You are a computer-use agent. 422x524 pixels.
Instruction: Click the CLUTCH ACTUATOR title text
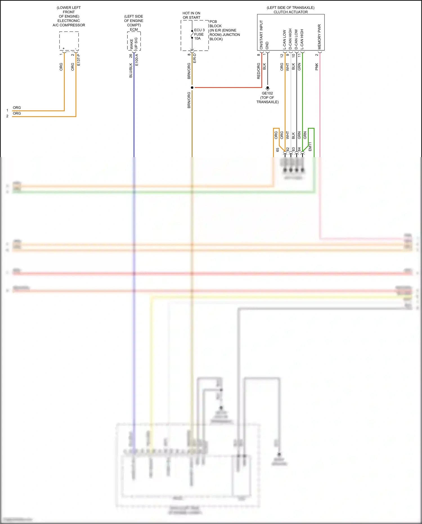[x=291, y=12]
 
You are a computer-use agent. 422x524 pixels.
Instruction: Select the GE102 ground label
[x=267, y=93]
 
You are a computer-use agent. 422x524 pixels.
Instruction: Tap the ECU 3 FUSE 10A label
[x=199, y=34]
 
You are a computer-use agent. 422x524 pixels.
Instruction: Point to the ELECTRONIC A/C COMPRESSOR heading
[x=69, y=23]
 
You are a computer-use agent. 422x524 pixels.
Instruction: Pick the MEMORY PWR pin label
[x=319, y=37]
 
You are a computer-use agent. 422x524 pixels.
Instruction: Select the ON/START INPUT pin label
[x=261, y=35]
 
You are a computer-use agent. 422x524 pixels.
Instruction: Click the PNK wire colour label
[x=316, y=67]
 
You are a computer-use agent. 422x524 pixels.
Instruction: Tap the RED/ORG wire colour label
[x=259, y=71]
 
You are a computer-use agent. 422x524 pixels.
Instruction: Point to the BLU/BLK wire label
[x=131, y=70]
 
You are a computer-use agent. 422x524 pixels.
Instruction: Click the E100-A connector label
[x=137, y=60]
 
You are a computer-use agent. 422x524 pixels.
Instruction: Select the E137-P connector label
[x=78, y=60]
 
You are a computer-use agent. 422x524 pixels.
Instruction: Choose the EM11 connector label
[x=310, y=146]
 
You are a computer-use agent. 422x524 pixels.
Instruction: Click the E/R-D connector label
[x=194, y=58]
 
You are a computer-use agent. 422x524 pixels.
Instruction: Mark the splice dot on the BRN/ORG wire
[x=192, y=88]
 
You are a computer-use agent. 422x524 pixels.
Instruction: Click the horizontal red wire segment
[x=228, y=88]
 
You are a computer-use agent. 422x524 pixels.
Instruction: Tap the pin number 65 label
[x=277, y=150]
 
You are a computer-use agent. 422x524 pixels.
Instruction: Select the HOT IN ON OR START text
[x=191, y=15]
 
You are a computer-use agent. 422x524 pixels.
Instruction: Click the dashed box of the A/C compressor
[x=69, y=41]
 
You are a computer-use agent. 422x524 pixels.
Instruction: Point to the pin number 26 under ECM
[x=131, y=56]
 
